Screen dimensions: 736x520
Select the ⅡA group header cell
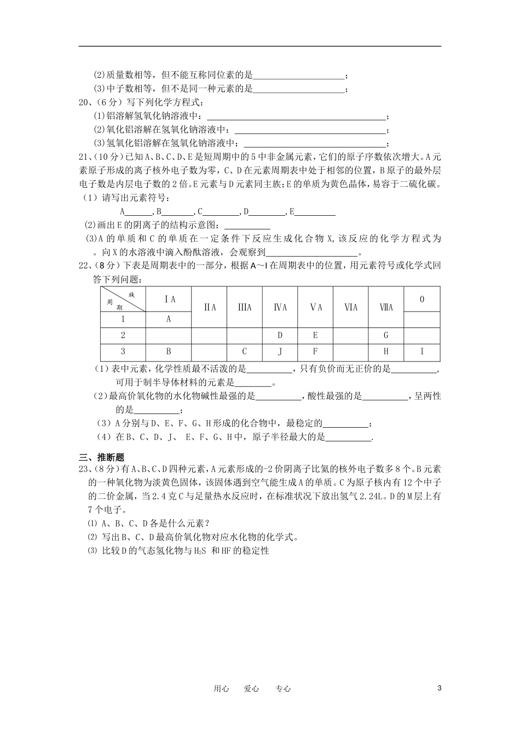tap(210, 307)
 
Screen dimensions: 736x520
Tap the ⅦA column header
tap(386, 307)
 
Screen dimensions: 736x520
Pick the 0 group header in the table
tap(421, 299)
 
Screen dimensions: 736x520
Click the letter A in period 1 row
tap(169, 319)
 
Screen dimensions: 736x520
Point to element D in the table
tap(280, 335)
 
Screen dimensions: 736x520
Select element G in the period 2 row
tap(386, 335)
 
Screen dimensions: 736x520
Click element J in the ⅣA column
tap(280, 352)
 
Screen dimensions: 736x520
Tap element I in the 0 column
tap(421, 352)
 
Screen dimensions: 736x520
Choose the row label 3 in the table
tap(123, 352)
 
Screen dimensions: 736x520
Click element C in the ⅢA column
tap(245, 352)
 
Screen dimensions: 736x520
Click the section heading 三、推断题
tap(102, 458)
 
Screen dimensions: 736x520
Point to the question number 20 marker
tap(84, 102)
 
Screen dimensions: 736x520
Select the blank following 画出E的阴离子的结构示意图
tap(247, 226)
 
